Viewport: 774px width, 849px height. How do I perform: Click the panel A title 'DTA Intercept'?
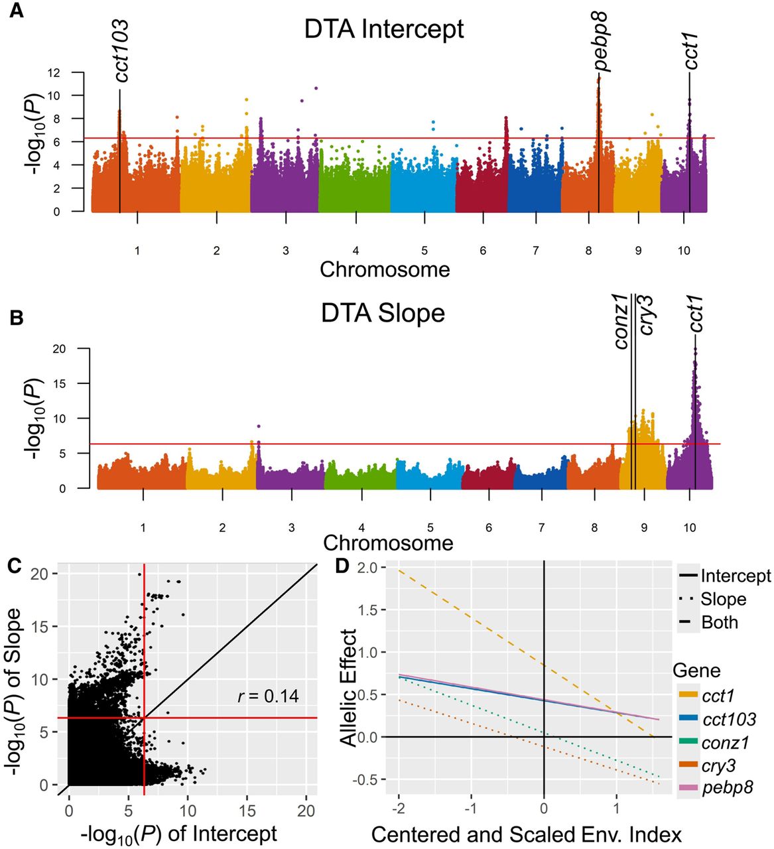point(384,30)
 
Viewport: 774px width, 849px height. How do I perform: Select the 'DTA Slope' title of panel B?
point(383,313)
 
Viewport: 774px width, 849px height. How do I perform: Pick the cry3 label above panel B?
point(645,315)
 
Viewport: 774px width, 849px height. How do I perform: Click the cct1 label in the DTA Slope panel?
point(695,313)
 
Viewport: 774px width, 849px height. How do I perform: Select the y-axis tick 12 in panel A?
point(54,72)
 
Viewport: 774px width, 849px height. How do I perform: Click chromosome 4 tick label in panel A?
point(355,251)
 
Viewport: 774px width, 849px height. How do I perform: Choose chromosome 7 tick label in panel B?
point(541,528)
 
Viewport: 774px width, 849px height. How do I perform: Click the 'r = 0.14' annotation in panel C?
point(268,696)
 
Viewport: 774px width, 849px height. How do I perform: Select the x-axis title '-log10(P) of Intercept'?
point(178,834)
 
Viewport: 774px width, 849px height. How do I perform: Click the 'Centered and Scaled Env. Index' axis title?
point(526,834)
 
